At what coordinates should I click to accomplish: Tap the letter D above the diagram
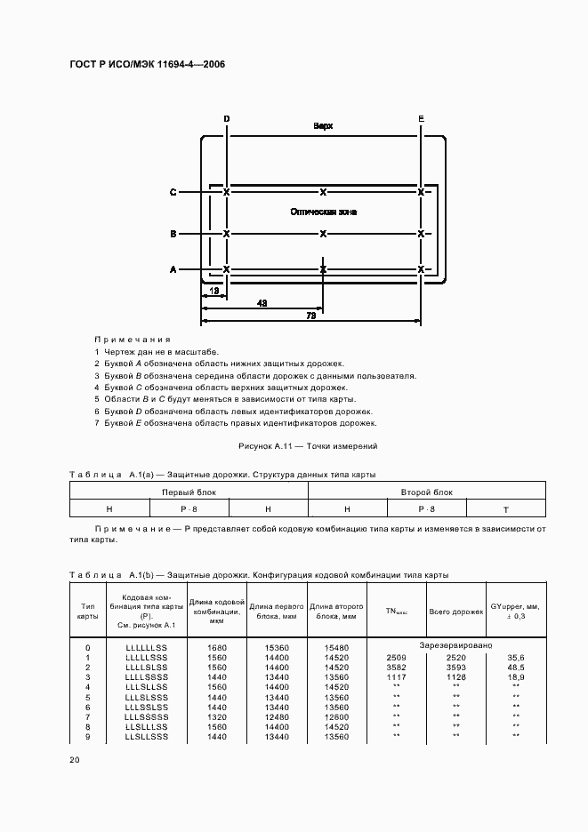pos(226,118)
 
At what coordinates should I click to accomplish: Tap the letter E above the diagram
pos(421,118)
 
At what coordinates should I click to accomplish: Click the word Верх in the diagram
pos(323,126)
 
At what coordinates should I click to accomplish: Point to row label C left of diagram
pos(173,192)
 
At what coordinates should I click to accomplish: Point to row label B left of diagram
pos(173,234)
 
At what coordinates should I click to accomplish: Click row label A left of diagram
pos(173,269)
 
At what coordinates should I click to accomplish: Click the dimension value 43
pos(262,303)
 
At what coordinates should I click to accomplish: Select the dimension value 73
pos(310,316)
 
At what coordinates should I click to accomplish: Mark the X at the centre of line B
pos(323,234)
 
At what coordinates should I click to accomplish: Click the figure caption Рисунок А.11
pos(308,445)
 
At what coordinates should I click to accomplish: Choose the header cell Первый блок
pos(189,491)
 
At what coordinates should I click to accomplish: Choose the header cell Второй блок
pos(426,491)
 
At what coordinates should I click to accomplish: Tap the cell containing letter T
pos(505,508)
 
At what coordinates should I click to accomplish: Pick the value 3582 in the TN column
pos(396,666)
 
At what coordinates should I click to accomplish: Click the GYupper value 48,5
pos(515,666)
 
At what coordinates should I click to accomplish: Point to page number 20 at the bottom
pos(74,760)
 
